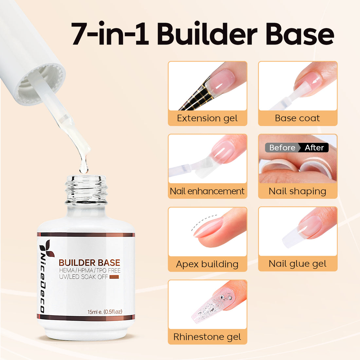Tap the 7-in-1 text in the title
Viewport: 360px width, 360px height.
[x=110, y=34]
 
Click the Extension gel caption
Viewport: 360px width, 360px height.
[x=207, y=118]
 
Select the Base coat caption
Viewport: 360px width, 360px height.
[x=297, y=118]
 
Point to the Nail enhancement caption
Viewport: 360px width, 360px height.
[x=207, y=191]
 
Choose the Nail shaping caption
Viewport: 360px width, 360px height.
[x=297, y=191]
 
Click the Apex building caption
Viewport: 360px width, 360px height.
[x=207, y=264]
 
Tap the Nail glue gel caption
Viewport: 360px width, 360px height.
[x=297, y=264]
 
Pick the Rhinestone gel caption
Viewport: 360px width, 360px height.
[x=207, y=337]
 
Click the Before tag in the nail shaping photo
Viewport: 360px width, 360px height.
[x=282, y=148]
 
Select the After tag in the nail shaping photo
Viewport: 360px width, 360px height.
[x=314, y=148]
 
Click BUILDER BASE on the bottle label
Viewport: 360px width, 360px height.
[x=89, y=263]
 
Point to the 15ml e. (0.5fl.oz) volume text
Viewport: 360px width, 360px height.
[x=105, y=312]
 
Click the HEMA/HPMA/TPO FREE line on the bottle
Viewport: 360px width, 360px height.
[x=90, y=270]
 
